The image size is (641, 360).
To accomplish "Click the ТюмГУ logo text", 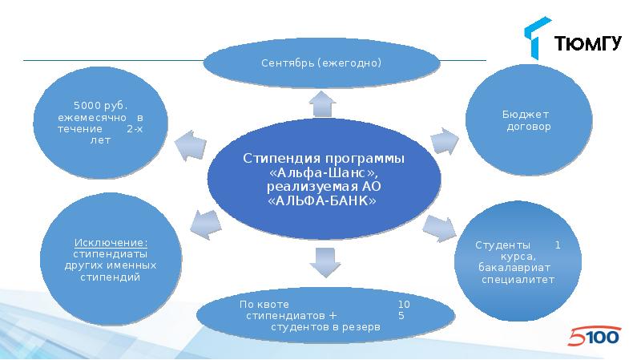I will click(588, 43).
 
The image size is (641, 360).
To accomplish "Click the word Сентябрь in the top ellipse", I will click(287, 63).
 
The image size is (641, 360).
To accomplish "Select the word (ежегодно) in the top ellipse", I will click(349, 63).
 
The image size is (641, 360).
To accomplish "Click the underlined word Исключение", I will click(111, 243).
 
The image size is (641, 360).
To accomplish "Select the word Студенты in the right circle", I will click(502, 244).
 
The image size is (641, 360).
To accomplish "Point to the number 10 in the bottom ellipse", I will click(404, 305).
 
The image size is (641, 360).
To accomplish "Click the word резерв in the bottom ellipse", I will click(363, 327).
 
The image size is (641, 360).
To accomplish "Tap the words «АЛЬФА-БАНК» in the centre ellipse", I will click(324, 201).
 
